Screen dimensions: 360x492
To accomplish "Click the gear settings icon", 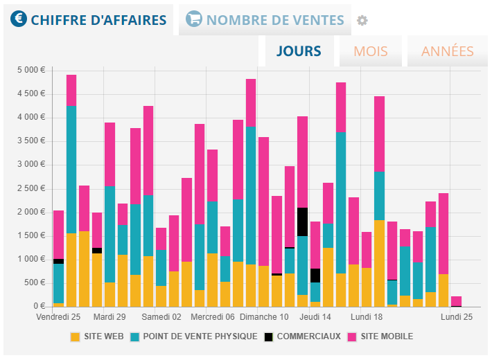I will [362, 21].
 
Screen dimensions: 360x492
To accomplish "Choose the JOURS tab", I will [299, 51].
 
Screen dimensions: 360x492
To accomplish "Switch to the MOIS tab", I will [371, 51].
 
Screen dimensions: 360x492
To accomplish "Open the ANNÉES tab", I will [447, 51].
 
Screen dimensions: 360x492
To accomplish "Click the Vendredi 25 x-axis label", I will [58, 316].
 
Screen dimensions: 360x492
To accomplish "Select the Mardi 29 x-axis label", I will [109, 316].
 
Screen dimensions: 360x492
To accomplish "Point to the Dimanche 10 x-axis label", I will [264, 316].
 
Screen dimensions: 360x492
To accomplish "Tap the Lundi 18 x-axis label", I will [367, 316].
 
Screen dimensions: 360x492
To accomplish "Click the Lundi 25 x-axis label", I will [456, 316].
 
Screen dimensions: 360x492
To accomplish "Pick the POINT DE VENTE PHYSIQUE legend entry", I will [192, 337].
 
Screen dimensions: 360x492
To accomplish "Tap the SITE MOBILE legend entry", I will [380, 337].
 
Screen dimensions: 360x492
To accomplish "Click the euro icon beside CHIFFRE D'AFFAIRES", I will [19, 20].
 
